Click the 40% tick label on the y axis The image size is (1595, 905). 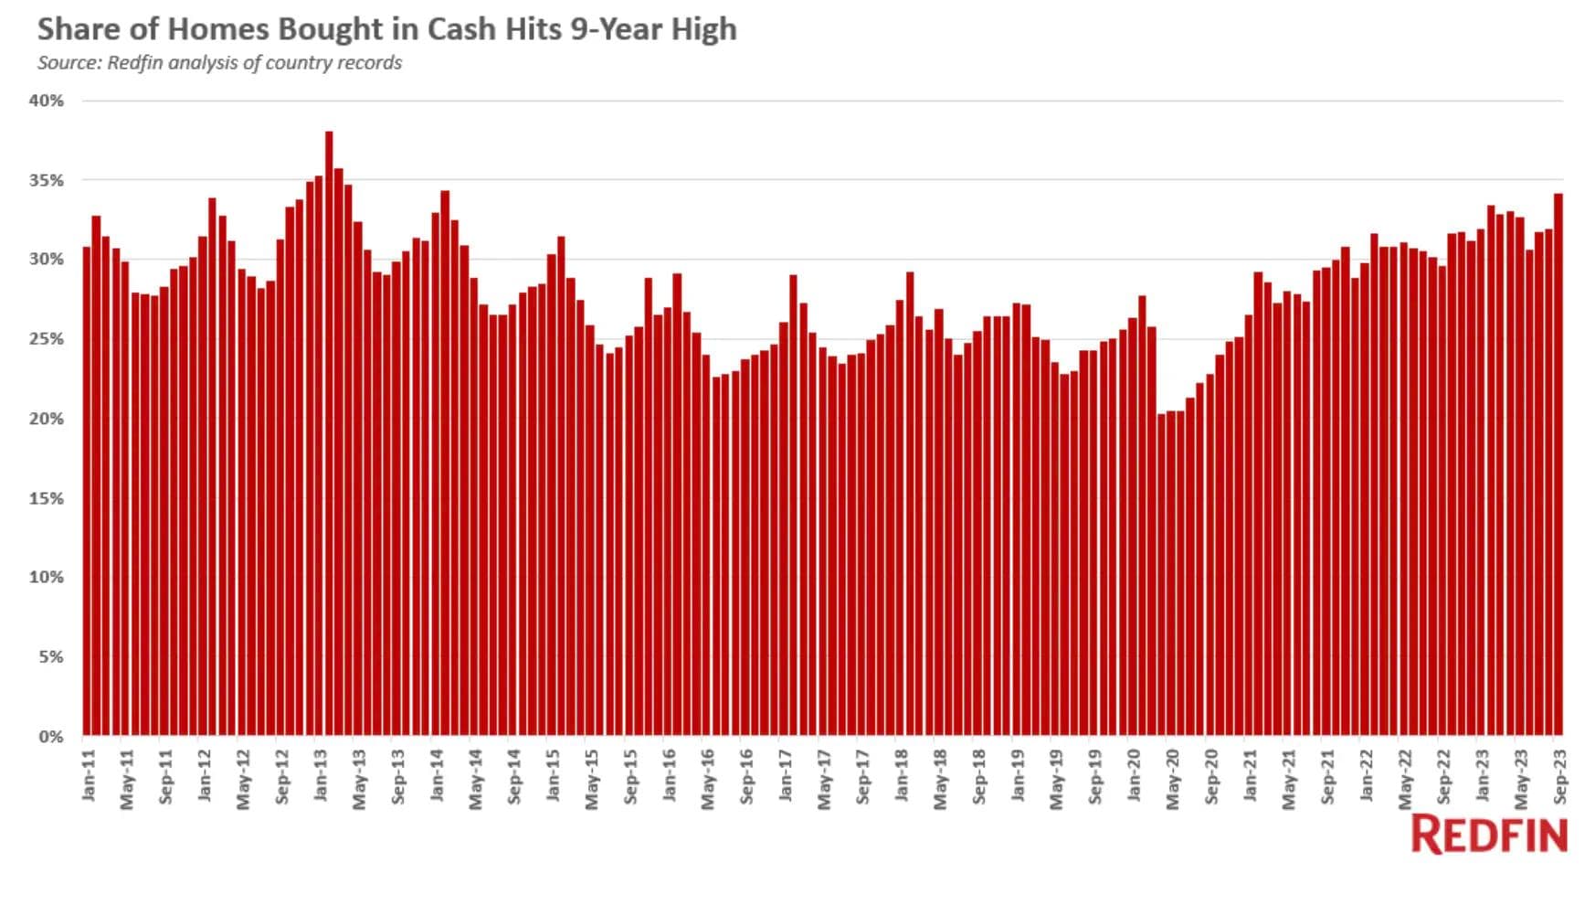point(47,101)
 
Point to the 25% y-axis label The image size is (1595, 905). point(47,339)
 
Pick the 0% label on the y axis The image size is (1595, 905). point(51,736)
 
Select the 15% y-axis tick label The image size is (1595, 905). point(47,498)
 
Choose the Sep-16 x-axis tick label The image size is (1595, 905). point(747,777)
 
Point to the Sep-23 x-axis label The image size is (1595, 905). point(1560,777)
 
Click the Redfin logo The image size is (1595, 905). point(1489,835)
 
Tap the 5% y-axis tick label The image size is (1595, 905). point(51,656)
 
